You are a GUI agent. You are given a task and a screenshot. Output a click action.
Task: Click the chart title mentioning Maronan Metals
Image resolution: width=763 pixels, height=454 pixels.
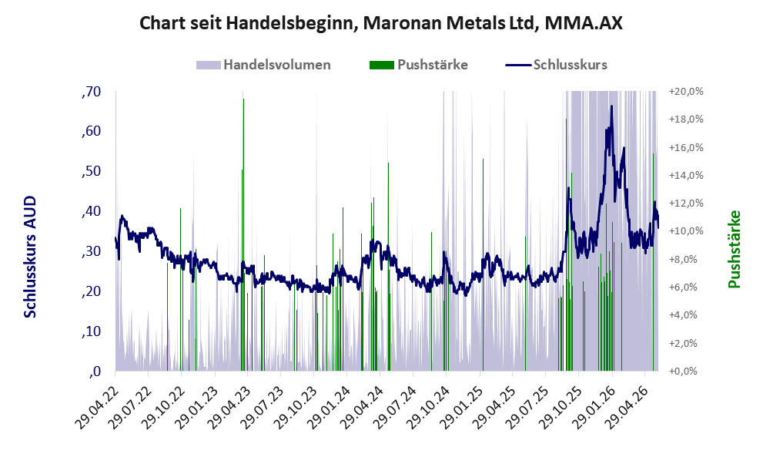point(381,23)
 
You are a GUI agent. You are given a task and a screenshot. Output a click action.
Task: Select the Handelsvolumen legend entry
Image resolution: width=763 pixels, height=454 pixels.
point(263,65)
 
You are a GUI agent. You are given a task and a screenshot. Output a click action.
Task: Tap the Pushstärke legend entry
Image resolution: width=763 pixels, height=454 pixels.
point(419,65)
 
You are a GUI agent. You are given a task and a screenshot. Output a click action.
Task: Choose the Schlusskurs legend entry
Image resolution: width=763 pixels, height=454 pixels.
point(556,65)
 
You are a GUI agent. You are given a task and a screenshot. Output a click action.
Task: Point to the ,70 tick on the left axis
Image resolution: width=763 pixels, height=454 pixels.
point(92,92)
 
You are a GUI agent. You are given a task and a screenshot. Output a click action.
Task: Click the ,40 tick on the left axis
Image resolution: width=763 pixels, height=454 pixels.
point(92,211)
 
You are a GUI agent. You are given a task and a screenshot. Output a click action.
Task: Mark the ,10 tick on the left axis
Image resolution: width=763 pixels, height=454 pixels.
point(92,331)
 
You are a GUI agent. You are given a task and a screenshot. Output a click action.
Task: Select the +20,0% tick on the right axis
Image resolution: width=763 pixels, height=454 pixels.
point(686,92)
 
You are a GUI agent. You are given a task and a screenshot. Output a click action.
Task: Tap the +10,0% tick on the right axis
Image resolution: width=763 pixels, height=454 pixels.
point(686,231)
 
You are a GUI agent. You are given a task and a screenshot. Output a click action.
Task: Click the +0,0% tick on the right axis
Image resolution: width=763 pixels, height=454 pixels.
point(686,372)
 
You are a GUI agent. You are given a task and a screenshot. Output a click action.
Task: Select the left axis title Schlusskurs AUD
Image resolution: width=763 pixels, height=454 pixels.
point(30,257)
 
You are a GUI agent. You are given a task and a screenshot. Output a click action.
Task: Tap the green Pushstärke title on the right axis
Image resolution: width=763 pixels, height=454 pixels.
point(734,249)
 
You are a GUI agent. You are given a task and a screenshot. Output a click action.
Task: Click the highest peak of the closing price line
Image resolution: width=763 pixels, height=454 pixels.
point(611,106)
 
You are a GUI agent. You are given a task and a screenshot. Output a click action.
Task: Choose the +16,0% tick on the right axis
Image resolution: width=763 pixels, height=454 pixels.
point(686,147)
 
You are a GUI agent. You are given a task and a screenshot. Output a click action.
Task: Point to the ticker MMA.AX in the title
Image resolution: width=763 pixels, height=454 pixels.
point(584,23)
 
